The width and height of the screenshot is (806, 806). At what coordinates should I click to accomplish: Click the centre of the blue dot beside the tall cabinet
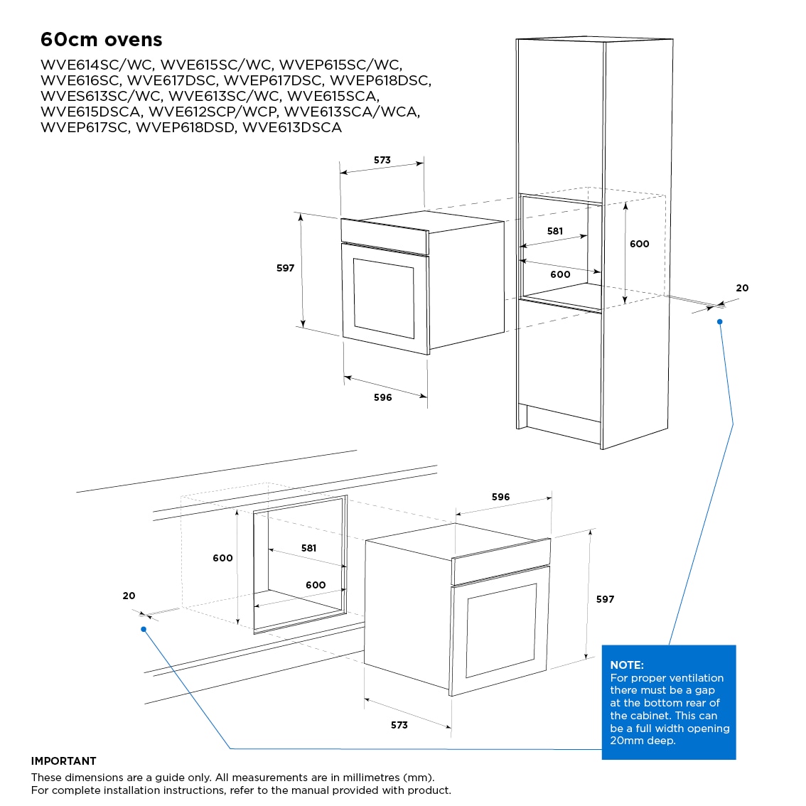point(719,322)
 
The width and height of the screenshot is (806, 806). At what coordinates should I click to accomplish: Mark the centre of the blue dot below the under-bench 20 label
point(144,629)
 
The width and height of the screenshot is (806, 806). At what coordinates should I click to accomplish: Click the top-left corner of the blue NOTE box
point(602,645)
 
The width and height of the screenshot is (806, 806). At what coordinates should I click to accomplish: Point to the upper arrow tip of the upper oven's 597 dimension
point(301,215)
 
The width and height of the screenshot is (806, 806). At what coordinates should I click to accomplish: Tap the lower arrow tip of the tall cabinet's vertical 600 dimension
point(625,303)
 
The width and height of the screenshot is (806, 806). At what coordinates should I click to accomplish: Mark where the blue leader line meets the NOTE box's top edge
point(669,645)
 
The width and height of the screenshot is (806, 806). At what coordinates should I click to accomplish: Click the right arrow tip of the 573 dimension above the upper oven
point(423,163)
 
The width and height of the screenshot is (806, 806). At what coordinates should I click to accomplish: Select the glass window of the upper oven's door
point(384,298)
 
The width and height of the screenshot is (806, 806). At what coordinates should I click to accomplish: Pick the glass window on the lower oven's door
point(501,630)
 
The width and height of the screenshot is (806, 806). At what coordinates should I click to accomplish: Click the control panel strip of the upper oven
point(385,237)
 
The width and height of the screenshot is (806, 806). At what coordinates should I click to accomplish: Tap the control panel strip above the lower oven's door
point(501,561)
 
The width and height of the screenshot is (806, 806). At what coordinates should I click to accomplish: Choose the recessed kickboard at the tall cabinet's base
point(564,424)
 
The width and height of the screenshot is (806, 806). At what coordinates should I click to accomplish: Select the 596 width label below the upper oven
point(383,397)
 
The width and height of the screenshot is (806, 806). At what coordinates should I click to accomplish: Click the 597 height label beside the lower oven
point(605,599)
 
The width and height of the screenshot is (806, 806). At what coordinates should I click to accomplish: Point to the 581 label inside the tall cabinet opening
point(555,231)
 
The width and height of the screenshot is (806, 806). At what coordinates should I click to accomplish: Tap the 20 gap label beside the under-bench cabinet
point(129,596)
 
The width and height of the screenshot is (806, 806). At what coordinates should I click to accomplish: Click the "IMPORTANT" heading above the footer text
point(64,761)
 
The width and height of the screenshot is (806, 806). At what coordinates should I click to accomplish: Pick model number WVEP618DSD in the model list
point(185,127)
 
